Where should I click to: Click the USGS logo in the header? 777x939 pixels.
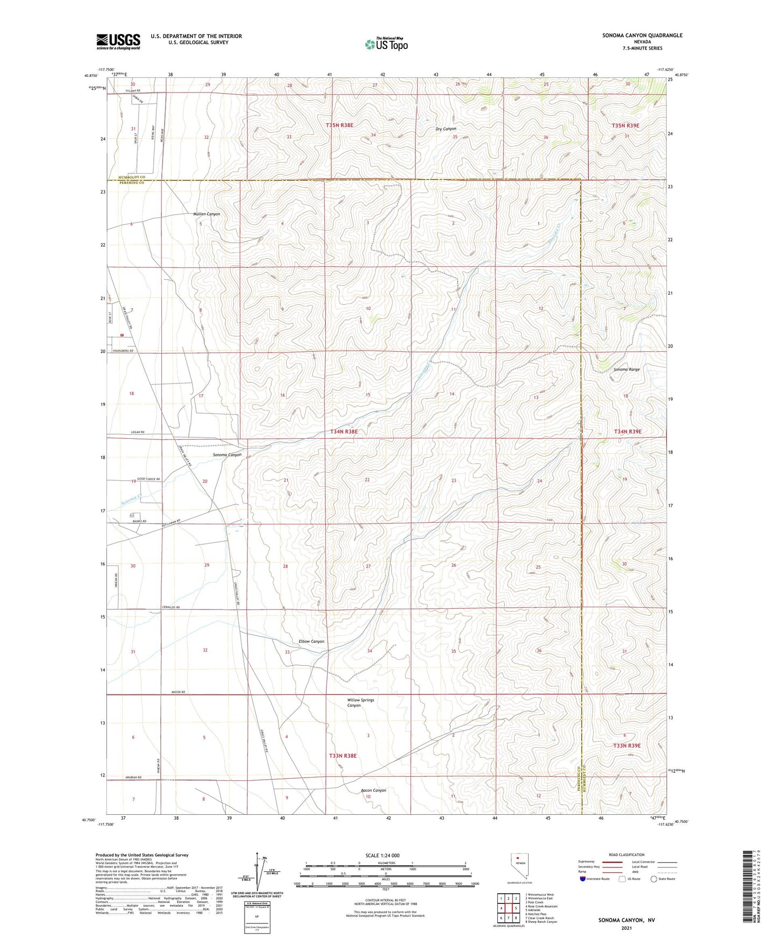click(118, 41)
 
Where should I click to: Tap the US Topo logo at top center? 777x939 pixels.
click(386, 44)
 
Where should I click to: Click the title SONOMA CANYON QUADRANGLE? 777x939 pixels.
click(635, 35)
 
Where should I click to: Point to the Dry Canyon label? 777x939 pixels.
click(446, 129)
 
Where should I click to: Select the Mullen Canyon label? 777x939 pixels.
click(206, 214)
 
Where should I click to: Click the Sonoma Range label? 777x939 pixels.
click(626, 369)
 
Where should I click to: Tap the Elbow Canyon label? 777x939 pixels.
click(311, 642)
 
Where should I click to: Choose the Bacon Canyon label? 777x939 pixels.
click(373, 791)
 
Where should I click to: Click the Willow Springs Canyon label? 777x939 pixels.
click(360, 703)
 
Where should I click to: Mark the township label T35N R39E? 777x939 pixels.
click(625, 125)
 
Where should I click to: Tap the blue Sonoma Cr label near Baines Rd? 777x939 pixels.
click(131, 501)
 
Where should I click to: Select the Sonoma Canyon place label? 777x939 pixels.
click(224, 455)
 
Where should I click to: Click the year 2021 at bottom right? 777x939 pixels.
click(626, 928)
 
